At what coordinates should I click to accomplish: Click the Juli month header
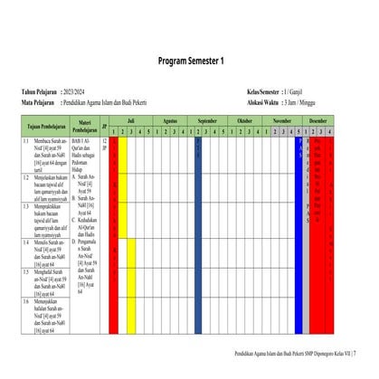coord(131,119)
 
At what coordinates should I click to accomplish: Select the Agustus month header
coord(169,119)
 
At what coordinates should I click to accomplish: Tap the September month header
coord(207,119)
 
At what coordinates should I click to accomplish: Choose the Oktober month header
coord(244,119)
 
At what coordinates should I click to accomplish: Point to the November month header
coord(282,119)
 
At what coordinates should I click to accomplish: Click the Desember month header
coord(318,119)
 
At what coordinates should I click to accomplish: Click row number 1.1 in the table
coord(26,142)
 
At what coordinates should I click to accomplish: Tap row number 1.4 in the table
coord(26,242)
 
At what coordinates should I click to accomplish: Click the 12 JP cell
coord(105,145)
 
